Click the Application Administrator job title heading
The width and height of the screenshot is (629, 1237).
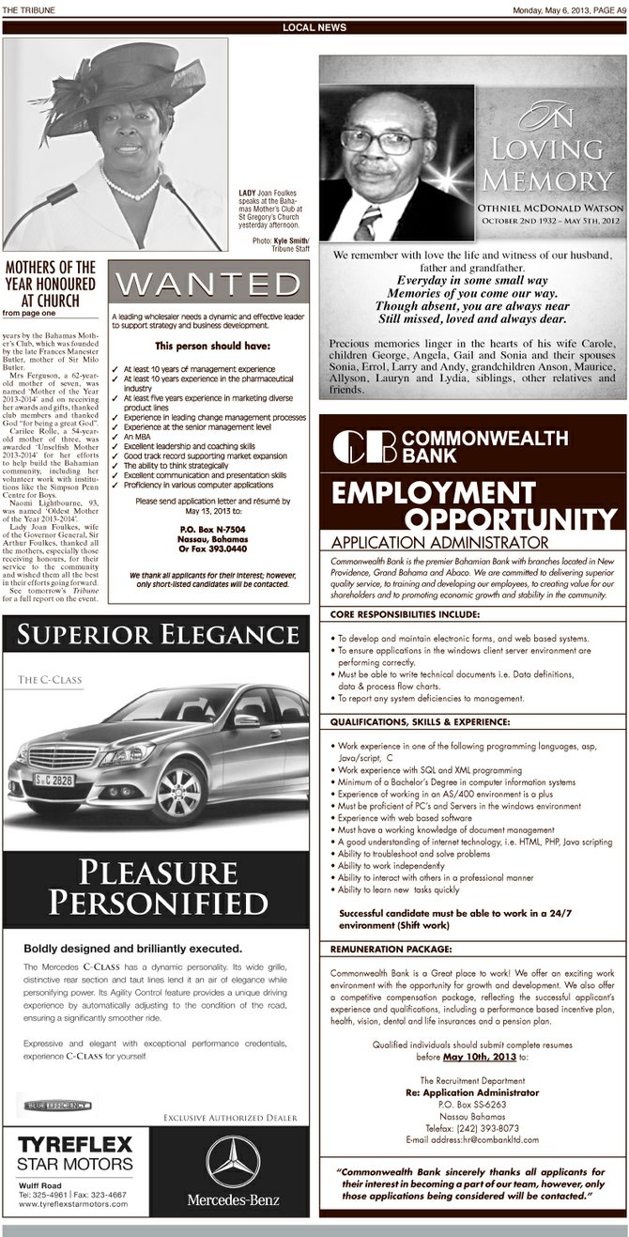(439, 543)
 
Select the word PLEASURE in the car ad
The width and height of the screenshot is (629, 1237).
(157, 873)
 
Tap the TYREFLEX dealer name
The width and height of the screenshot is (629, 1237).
(76, 1147)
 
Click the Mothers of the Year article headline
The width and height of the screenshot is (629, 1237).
(51, 281)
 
